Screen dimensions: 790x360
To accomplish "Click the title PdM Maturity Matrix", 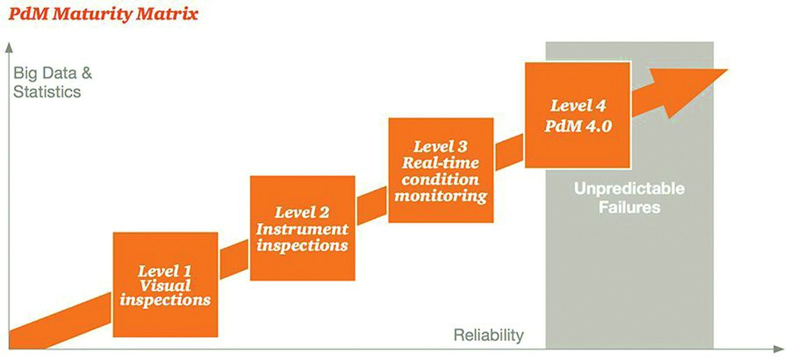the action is click(x=103, y=14).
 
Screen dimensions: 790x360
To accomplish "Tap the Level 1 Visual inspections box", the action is click(x=165, y=285).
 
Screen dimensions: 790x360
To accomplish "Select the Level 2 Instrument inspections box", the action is click(x=302, y=228).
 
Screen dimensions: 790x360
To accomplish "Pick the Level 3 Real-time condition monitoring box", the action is click(x=441, y=170).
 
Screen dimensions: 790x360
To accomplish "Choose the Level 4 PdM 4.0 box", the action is click(x=578, y=116).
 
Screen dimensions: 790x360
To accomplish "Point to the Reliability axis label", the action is click(x=489, y=335).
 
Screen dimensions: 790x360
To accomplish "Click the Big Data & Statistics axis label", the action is click(x=53, y=83).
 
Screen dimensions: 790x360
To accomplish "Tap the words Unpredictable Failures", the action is click(x=629, y=198).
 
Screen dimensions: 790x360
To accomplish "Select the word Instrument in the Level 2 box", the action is click(x=302, y=229).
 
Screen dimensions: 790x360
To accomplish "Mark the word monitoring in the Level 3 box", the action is click(x=441, y=196).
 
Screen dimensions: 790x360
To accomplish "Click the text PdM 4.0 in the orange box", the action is click(x=578, y=125).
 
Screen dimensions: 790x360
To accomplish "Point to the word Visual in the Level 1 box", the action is click(x=165, y=285).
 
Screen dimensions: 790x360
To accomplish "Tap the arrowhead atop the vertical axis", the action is click(x=8, y=48).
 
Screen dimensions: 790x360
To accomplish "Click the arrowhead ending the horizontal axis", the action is click(x=779, y=349).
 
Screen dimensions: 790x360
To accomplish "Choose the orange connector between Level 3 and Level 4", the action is click(x=509, y=152).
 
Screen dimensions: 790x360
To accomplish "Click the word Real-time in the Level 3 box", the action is click(x=441, y=163).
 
